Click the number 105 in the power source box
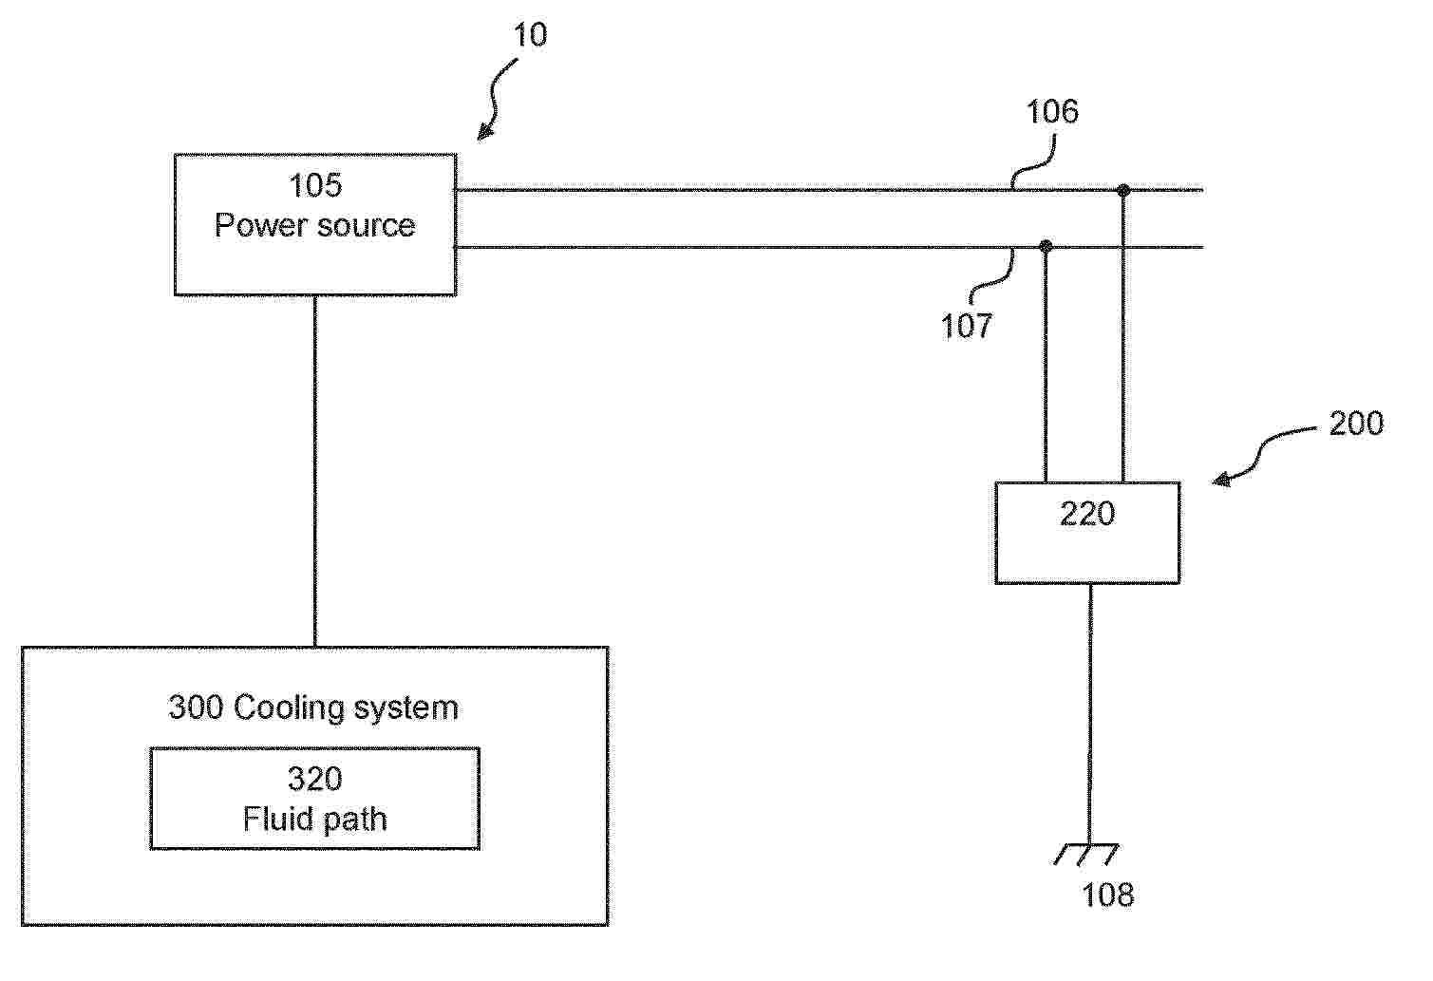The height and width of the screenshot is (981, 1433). click(315, 185)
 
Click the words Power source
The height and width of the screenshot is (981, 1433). click(314, 225)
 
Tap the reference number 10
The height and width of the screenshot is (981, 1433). click(530, 34)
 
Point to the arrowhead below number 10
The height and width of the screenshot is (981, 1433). click(485, 131)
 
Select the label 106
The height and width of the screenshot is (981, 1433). click(1052, 112)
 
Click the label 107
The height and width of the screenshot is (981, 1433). click(967, 326)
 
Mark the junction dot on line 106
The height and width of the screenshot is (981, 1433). click(1123, 190)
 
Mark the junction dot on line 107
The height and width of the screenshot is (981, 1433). click(1046, 246)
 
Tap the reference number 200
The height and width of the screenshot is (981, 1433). click(1356, 423)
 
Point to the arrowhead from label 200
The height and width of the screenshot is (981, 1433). click(1222, 480)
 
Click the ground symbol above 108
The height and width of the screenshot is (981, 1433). click(1086, 855)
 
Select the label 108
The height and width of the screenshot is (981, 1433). click(1108, 895)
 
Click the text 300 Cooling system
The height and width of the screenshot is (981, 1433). click(313, 707)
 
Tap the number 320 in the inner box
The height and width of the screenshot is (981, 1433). click(314, 779)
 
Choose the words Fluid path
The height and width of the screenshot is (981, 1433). click(314, 820)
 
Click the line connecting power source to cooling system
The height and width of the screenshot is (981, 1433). click(314, 471)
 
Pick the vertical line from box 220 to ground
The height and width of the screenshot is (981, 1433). click(1089, 714)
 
